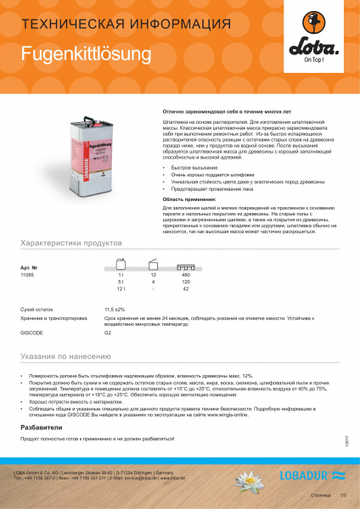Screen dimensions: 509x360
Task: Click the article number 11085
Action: (29, 277)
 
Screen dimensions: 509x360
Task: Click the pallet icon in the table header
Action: (185, 264)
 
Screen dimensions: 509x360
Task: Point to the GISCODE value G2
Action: (108, 333)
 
